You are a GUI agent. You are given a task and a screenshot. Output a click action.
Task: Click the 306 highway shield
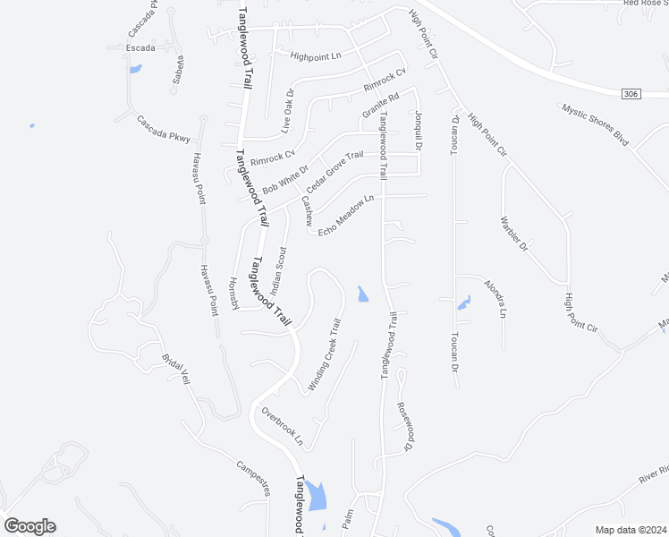click(631, 92)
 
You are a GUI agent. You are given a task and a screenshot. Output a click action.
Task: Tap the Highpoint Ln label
click(316, 55)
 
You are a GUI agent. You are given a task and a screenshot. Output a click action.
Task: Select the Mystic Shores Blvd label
click(596, 124)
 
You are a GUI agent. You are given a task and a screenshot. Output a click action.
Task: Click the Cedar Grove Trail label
click(334, 172)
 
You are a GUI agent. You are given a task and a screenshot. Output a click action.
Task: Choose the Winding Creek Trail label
click(326, 355)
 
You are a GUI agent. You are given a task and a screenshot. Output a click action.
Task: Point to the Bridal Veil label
click(176, 369)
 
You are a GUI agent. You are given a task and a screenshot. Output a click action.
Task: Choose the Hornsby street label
click(234, 293)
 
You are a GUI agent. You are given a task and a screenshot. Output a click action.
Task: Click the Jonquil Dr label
click(418, 131)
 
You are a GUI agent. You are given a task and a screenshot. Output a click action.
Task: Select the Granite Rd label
click(379, 107)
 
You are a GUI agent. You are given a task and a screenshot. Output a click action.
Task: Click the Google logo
click(30, 526)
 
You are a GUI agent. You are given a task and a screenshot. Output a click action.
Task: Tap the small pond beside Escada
click(135, 68)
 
